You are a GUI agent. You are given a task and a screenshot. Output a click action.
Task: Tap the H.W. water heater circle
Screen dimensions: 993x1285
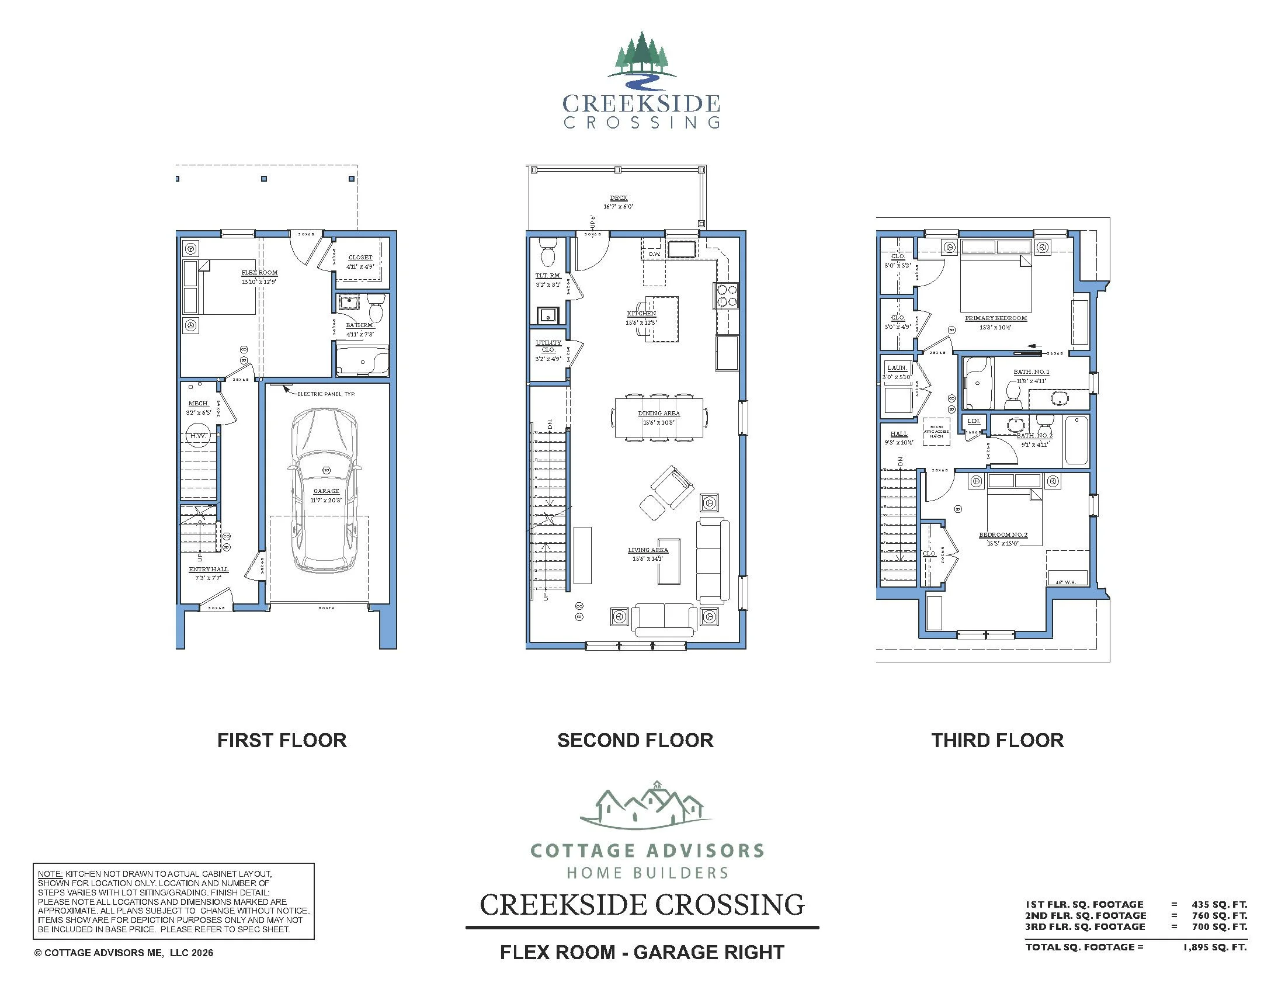tap(196, 436)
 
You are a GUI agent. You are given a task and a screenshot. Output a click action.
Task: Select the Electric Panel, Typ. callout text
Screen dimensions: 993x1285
tap(326, 394)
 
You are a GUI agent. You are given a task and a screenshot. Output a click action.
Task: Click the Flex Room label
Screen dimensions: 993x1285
tap(259, 273)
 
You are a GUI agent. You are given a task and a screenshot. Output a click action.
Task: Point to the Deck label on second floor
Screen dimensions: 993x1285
tap(619, 198)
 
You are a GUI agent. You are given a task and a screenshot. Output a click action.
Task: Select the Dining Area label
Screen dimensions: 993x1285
tap(659, 414)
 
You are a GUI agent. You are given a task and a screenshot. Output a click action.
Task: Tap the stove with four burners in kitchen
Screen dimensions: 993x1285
tap(727, 296)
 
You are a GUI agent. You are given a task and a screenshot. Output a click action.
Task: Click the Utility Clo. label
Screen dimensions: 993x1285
tap(548, 346)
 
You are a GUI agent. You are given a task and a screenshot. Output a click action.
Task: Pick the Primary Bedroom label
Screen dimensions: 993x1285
tap(995, 318)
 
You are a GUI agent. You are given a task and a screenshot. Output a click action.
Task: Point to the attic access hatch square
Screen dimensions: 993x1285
tap(936, 432)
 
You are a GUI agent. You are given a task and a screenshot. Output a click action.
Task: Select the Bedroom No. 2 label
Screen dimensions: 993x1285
tap(1002, 535)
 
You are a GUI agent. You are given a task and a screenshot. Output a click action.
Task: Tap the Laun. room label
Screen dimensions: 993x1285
tap(897, 368)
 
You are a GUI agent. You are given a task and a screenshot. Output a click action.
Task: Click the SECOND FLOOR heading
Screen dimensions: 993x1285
tap(635, 741)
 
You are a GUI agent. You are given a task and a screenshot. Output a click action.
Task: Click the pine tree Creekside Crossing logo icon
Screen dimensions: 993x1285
tap(641, 56)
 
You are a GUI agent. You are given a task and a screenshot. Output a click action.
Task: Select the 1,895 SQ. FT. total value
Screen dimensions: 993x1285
tap(1214, 947)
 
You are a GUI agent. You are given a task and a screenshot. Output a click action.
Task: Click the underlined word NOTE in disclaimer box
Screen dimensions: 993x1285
tap(50, 874)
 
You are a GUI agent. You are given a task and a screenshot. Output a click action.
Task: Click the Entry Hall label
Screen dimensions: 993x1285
tap(209, 570)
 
